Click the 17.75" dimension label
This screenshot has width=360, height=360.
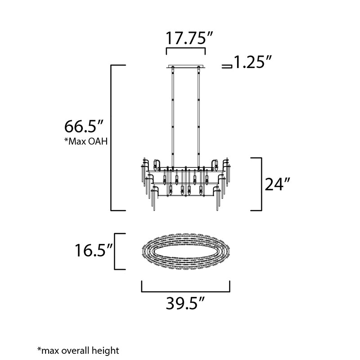point(189,38)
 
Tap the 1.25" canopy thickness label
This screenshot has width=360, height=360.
point(252,62)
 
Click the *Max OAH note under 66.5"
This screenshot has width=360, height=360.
point(86,141)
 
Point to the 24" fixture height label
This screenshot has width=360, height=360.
point(277,184)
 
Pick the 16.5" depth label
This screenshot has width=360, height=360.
point(94,250)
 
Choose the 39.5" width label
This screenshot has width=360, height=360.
point(185,303)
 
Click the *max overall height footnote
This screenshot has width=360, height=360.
point(78,351)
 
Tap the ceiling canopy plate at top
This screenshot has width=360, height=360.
point(186,66)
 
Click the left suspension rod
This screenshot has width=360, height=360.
point(173,117)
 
